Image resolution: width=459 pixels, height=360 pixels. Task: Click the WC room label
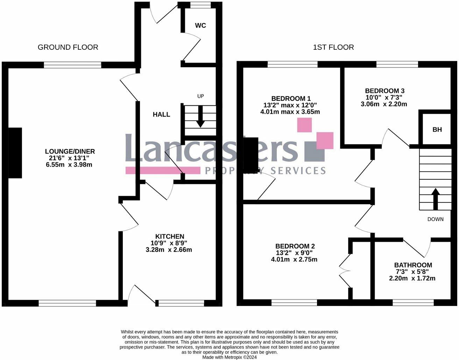coord(200,25)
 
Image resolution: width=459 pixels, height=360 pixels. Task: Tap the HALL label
coord(161,115)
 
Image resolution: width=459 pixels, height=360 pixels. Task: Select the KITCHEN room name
coord(170,236)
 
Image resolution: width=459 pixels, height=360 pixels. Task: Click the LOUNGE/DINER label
coord(70,151)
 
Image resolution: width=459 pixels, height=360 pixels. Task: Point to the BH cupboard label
coord(437,130)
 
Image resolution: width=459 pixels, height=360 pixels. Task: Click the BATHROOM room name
coord(413,265)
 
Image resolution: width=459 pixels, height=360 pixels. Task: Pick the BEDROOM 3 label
coord(384,91)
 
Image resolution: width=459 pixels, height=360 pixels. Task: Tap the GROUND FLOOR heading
coord(68,47)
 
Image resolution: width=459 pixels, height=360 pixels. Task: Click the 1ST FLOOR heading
coord(333,47)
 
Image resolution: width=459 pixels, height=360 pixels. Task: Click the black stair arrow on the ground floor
coord(200,116)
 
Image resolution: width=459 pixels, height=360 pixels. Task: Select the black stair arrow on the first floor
coord(435,199)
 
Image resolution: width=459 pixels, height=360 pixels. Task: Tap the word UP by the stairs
coord(200,96)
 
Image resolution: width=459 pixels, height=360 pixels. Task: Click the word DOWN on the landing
coord(435,219)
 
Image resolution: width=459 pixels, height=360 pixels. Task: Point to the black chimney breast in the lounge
coord(15,153)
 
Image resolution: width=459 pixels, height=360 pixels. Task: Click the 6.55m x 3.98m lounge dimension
coord(69,165)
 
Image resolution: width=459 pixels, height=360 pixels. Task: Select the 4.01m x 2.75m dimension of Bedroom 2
coord(294,259)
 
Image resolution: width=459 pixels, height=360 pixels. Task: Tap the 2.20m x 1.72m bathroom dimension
coord(412,278)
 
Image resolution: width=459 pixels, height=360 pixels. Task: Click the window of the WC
coord(197,5)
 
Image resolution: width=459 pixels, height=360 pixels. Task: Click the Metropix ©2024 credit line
coord(229,357)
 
